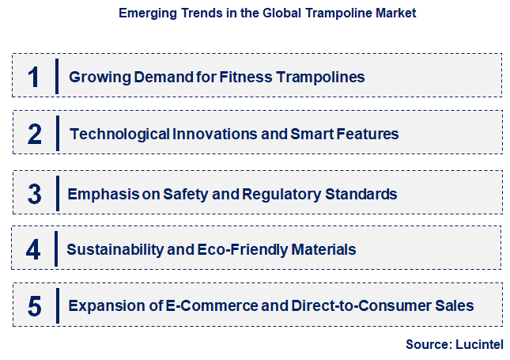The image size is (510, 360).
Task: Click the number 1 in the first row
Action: pos(33,77)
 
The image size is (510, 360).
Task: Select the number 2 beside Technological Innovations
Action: pos(34,134)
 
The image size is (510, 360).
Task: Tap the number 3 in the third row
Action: pos(34,194)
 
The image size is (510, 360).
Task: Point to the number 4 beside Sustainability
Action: pos(33,250)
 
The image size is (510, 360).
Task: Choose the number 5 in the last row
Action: pos(34,305)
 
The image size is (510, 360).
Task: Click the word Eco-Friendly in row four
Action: pos(246,249)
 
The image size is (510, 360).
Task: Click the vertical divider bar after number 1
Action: pos(57,77)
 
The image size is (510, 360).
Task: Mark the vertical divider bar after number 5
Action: pos(57,305)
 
